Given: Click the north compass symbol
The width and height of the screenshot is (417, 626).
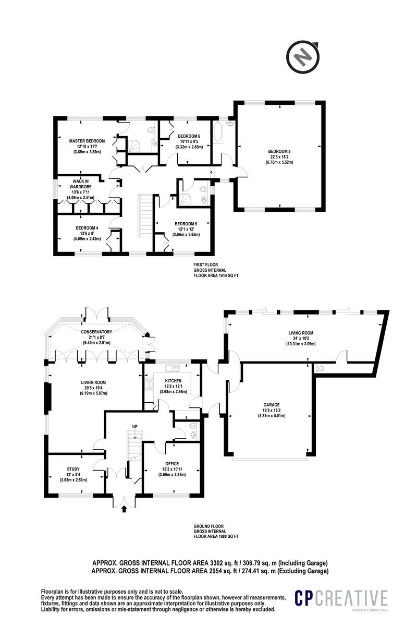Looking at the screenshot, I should point(301,55).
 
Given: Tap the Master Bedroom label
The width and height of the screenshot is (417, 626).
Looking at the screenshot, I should point(88,141).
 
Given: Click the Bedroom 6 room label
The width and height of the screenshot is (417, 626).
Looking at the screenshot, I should point(189,136).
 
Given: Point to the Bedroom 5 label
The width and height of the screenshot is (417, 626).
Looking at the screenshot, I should point(186,223).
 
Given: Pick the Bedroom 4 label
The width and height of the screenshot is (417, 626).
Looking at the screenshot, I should point(87,228).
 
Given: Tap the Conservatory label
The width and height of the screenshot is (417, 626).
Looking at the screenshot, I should point(97,332).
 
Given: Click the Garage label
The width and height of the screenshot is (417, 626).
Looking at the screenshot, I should point(272,404).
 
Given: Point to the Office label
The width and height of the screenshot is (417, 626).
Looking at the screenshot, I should point(171,463).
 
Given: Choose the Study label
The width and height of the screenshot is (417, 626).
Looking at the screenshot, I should point(73,468).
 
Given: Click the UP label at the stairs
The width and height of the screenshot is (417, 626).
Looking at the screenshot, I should point(134,427).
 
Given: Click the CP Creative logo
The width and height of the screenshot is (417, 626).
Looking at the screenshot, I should point(341,599).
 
